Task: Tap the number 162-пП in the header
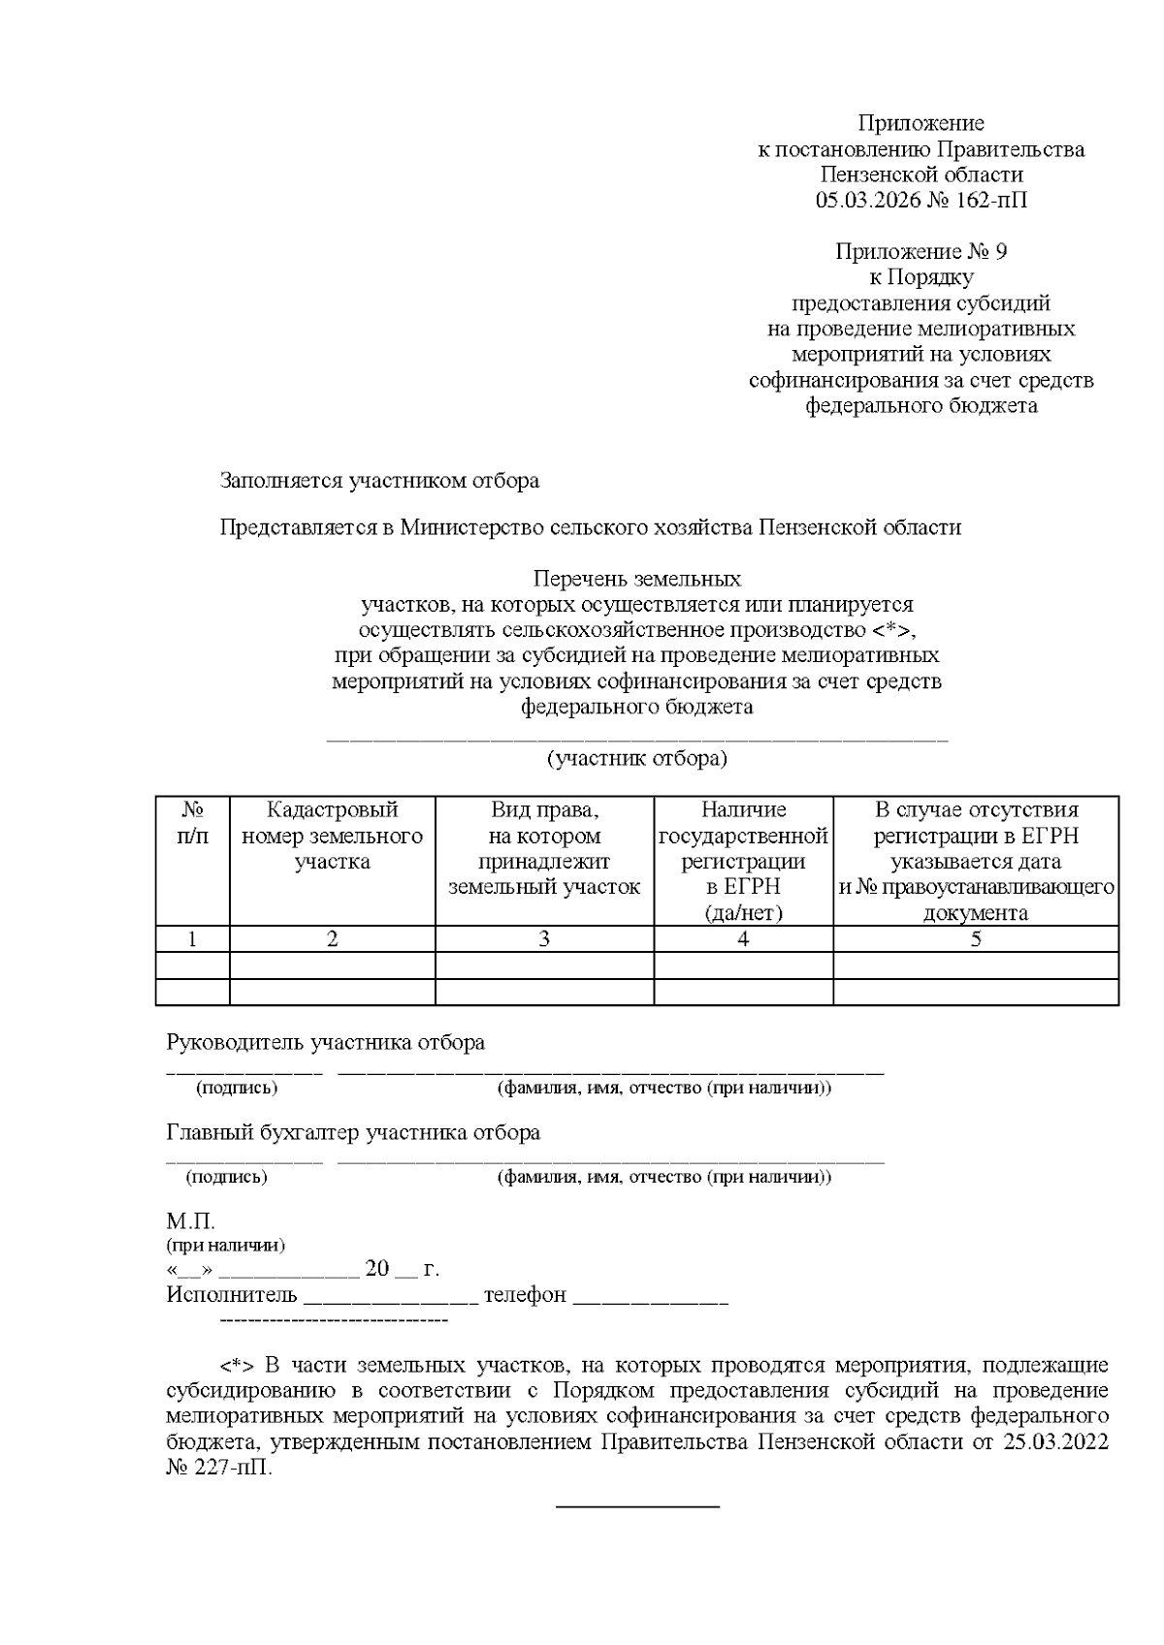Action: click(994, 201)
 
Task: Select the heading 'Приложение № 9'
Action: click(921, 252)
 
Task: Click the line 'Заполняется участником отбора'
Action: click(379, 480)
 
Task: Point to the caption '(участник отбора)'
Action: click(636, 758)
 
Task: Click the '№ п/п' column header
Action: click(192, 822)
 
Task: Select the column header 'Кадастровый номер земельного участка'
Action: click(332, 836)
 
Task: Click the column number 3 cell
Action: click(544, 938)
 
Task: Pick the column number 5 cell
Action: click(976, 938)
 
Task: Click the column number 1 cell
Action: click(192, 938)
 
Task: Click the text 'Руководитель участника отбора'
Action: click(326, 1043)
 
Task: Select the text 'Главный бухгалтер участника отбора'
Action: click(353, 1132)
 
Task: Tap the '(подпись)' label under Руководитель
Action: click(237, 1088)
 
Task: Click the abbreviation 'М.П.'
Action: click(190, 1220)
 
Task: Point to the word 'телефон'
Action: click(525, 1295)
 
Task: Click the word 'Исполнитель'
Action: click(232, 1295)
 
